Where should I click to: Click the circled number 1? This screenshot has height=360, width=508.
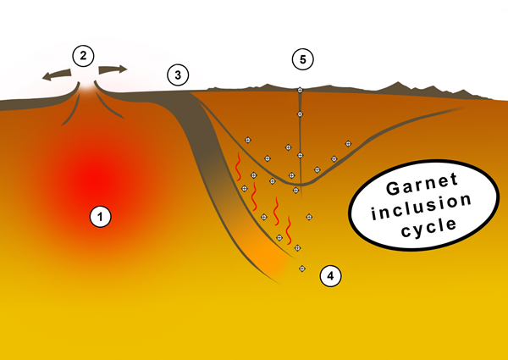click(x=101, y=218)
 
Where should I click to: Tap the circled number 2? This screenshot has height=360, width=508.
click(x=83, y=57)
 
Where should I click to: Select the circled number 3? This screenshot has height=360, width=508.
click(x=177, y=75)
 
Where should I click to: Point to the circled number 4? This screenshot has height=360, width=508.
click(x=330, y=274)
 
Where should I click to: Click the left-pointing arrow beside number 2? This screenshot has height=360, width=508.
click(x=57, y=75)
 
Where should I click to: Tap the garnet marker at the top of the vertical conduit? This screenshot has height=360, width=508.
click(x=300, y=90)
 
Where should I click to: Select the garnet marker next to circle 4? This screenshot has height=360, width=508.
click(x=302, y=269)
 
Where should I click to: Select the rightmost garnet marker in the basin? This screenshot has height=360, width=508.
click(x=347, y=143)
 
